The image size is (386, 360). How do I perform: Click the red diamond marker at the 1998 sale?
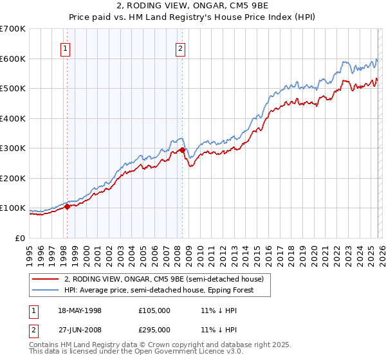point(67,207)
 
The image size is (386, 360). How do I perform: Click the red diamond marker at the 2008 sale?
point(182,150)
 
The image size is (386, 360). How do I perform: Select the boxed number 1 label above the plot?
point(66,48)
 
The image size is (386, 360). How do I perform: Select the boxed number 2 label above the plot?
point(180,48)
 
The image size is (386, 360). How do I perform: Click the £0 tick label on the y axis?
point(21,238)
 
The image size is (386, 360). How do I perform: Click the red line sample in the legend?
point(46,279)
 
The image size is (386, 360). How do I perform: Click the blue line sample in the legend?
point(46,290)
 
